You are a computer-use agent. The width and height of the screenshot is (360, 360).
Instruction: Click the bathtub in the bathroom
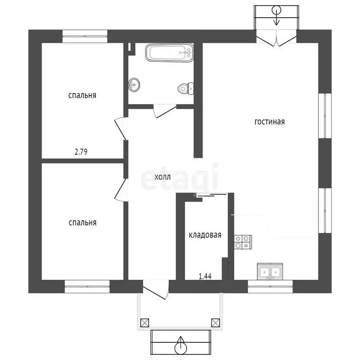click(x=169, y=52)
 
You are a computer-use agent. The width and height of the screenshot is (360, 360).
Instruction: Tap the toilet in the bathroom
click(x=186, y=89)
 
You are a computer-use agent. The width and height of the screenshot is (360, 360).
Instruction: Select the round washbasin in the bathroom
click(x=134, y=85)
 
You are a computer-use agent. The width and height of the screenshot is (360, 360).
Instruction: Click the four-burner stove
click(x=243, y=242)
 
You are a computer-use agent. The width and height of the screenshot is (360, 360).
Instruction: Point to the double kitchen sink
click(x=270, y=271)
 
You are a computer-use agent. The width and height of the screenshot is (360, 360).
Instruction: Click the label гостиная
click(x=270, y=122)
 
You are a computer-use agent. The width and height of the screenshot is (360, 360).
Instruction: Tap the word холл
click(x=163, y=177)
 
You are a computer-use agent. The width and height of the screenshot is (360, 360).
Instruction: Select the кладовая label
click(x=205, y=235)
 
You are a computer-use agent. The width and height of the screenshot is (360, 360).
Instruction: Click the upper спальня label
click(x=82, y=95)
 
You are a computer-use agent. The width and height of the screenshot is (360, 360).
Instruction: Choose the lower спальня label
click(x=82, y=223)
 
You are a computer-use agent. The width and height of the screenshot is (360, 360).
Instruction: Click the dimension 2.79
click(x=81, y=152)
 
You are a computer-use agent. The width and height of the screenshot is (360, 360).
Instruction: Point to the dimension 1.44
click(x=205, y=276)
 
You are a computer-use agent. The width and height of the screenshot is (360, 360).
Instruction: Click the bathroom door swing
click(x=165, y=111)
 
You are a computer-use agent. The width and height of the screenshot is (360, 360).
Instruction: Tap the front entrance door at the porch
click(x=156, y=289)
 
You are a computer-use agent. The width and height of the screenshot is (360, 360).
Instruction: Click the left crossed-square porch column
click(x=145, y=322)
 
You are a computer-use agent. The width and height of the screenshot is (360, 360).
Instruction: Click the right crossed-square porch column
click(x=215, y=322)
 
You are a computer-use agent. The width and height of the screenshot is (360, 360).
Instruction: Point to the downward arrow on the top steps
click(x=277, y=15)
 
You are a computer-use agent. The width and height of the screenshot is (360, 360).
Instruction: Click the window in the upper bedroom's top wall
click(x=85, y=36)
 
